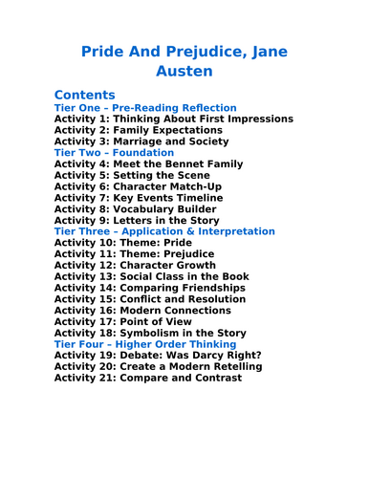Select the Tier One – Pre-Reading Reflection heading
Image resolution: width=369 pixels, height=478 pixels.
coord(145,108)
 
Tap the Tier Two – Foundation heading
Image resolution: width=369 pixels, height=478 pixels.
coord(114,153)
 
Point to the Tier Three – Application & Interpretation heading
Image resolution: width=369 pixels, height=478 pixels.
coord(164,231)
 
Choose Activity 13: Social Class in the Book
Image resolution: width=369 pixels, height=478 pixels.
coord(151,276)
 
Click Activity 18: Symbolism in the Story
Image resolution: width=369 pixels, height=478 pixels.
coord(149,333)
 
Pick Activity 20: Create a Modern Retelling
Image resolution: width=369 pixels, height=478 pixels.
coord(158,366)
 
